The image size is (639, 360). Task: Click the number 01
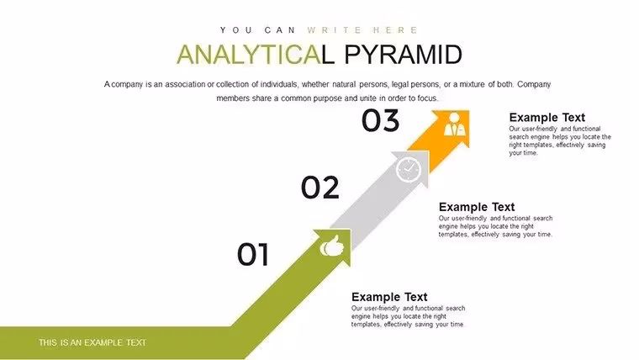253,254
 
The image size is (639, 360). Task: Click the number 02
319,188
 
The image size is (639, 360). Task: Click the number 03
380,120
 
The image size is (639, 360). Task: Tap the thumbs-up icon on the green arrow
332,246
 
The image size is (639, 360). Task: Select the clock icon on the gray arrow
409,169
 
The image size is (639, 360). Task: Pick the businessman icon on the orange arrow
454,124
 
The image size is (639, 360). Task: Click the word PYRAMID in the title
403,55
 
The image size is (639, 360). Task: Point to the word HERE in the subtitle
395,30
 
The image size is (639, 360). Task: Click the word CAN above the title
280,30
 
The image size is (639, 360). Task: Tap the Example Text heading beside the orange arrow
547,118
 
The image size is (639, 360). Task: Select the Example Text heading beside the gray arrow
477,207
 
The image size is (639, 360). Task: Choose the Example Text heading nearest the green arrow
389,297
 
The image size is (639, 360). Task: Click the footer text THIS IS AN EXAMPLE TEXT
92,342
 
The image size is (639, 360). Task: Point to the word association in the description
185,84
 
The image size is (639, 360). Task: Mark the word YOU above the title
236,30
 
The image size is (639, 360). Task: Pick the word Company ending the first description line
534,85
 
